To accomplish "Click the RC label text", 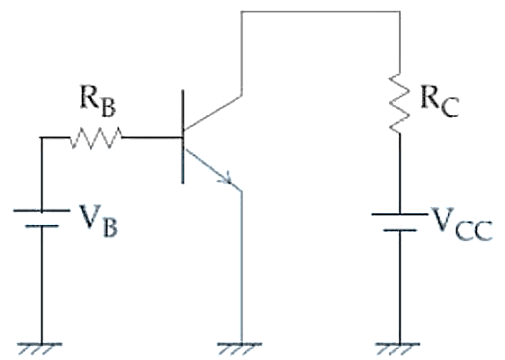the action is pos(439,102).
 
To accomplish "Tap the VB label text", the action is pos(98,220).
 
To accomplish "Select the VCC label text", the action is pos(461,224).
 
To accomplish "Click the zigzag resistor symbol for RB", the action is pos(96,138).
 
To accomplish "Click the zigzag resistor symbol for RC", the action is pos(400,103).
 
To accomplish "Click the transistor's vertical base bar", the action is pos(183,137).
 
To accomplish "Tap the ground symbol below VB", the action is pos(40,348).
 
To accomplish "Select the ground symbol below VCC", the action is pos(398,348).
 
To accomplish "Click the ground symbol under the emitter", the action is pos(239,348).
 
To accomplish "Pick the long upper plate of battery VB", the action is pos(41,211).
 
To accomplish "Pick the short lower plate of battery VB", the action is pos(42,226).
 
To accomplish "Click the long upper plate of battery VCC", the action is pos(400,214).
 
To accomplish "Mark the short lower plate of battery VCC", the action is pos(400,229).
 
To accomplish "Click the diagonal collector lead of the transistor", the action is pos(212,112).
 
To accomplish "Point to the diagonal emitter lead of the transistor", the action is pos(213,170).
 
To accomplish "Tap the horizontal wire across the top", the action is pos(320,12).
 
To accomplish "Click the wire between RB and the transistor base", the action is pos(152,138).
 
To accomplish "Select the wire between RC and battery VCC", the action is pos(400,173).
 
